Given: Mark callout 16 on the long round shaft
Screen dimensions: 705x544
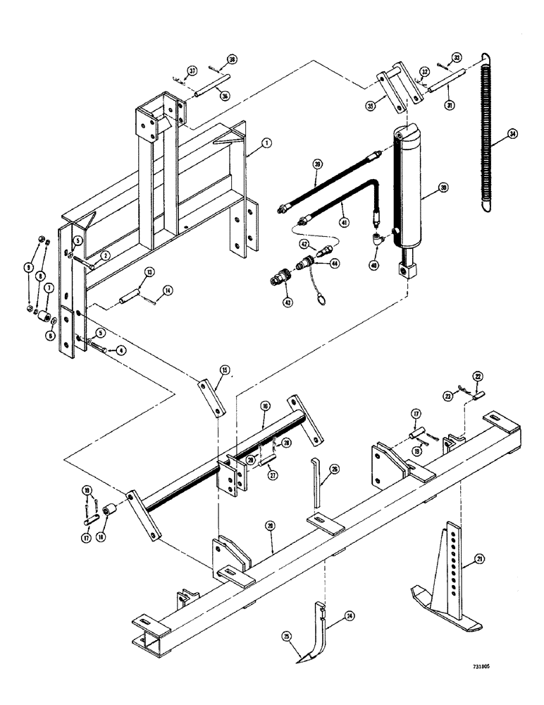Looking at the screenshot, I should (x=264, y=407).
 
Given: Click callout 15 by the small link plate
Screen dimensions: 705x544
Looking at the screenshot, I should (x=224, y=369).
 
